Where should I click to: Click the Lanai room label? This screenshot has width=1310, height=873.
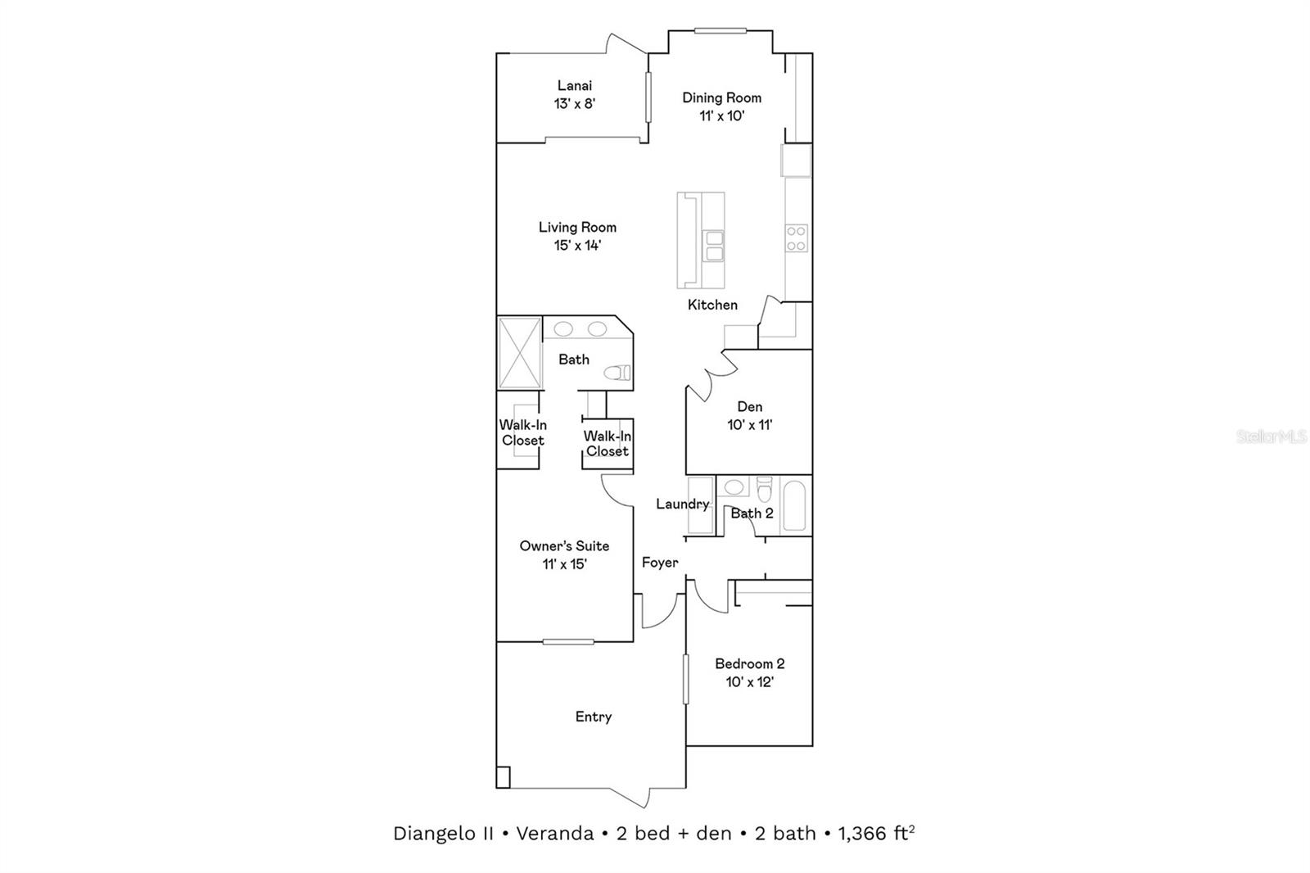pos(574,85)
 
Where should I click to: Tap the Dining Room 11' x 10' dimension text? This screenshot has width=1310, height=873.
pos(721,116)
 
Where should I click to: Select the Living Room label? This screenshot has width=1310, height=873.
pos(577,227)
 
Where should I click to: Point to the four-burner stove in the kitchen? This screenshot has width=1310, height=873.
pos(797,238)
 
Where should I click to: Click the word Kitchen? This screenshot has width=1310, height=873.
pos(712,305)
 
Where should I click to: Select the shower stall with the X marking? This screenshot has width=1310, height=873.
pos(519,353)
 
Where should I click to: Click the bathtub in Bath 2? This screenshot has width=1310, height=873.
pos(794,506)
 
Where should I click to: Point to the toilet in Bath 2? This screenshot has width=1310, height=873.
pos(765,489)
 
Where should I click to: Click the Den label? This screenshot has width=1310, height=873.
pos(749,406)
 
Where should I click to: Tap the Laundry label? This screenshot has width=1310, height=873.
pos(682,504)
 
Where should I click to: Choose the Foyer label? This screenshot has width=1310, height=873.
pos(659,563)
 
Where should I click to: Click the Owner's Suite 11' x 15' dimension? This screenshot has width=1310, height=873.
pos(564,564)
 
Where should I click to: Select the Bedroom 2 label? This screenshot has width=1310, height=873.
pos(749,663)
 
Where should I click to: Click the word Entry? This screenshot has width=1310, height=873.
pos(593,717)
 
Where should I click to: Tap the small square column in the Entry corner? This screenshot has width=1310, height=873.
pos(503,776)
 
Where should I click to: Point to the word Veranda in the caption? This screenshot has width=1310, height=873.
pos(554,834)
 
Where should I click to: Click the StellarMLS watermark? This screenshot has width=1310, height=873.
pos(1271,437)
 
